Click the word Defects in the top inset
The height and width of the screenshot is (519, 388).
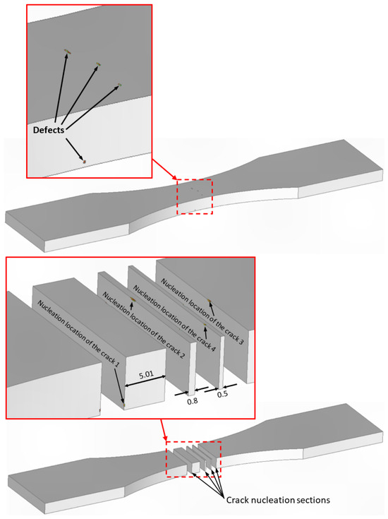point(48,130)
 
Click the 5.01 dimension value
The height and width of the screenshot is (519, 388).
point(146,375)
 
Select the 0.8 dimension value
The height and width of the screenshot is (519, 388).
point(192,401)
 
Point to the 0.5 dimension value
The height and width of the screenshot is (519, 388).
point(222,394)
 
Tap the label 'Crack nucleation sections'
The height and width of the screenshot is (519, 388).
point(278,499)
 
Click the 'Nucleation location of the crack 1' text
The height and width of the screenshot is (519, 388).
point(78,333)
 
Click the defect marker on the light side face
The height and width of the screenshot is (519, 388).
point(85,162)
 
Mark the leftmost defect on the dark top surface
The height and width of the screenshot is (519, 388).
point(68,52)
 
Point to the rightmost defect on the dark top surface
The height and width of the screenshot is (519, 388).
point(120,85)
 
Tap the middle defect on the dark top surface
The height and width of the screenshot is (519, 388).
point(98,64)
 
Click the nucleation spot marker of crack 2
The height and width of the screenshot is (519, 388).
point(133,299)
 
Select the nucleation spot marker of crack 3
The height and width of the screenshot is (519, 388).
point(209,300)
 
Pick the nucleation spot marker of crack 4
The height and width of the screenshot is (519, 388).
point(205,325)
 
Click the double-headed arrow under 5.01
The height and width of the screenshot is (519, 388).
point(145,381)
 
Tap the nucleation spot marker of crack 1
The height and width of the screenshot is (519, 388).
point(124,405)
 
